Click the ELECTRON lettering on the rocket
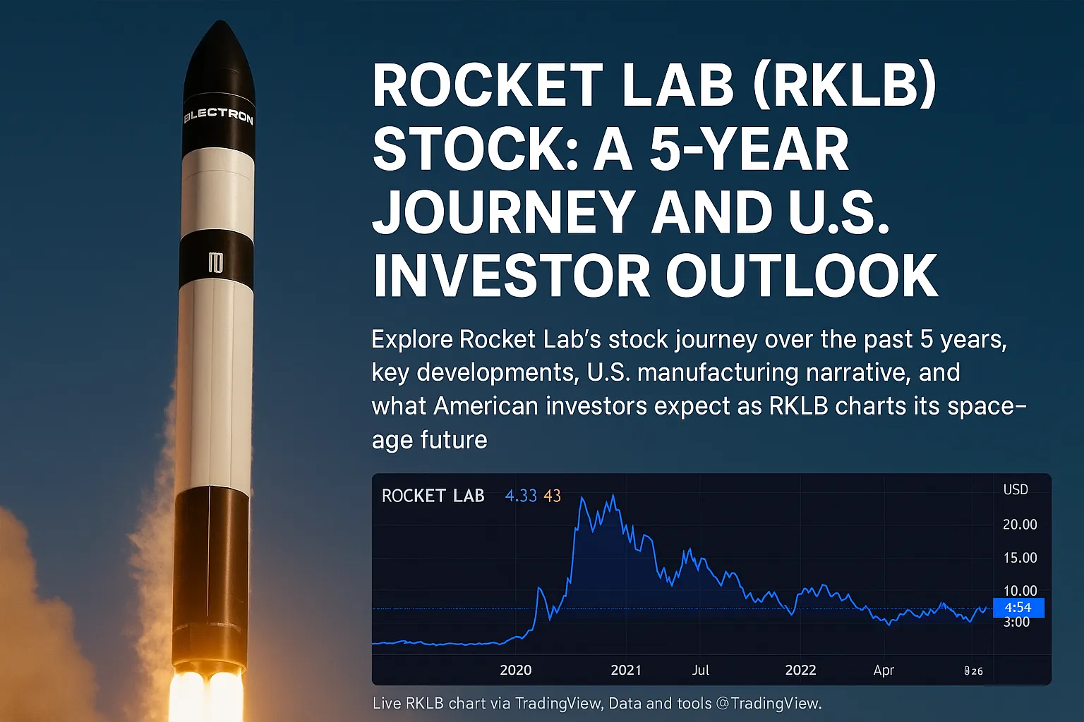click(x=218, y=116)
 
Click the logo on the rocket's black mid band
click(x=215, y=263)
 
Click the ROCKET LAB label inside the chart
click(x=433, y=496)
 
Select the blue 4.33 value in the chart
click(x=521, y=496)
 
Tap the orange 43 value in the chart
click(x=552, y=496)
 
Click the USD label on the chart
click(x=1016, y=489)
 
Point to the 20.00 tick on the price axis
click(x=1020, y=525)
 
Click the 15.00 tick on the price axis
click(x=1020, y=558)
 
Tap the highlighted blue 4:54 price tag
click(x=1018, y=607)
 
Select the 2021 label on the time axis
click(x=625, y=670)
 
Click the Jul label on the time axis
click(x=700, y=670)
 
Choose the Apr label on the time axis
click(x=883, y=670)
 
